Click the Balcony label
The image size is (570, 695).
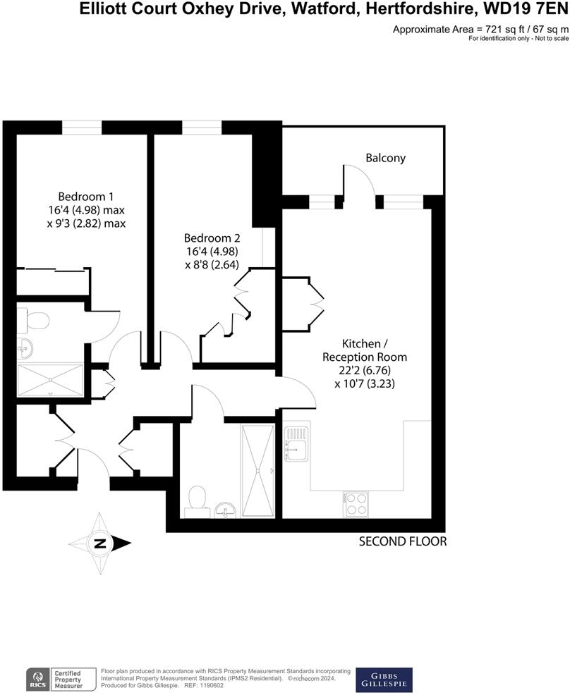385,158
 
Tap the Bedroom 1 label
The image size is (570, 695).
86,196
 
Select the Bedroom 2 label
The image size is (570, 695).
212,238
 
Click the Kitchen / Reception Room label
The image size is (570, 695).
364,351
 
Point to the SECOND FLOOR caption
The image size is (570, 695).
403,541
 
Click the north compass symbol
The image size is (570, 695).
100,543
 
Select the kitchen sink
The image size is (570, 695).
296,442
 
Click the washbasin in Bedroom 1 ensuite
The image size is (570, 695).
25,348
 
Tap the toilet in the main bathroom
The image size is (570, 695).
197,498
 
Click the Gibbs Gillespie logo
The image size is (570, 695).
384,679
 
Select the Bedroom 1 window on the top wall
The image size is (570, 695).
81,127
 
